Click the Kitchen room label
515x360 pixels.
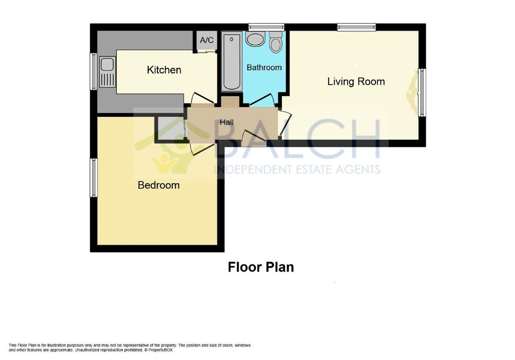tap(164, 70)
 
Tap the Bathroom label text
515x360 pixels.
tap(264, 67)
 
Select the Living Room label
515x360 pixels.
tap(356, 82)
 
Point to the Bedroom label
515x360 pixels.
tap(159, 185)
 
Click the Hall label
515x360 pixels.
tap(227, 122)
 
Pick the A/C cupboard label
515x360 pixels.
tap(207, 40)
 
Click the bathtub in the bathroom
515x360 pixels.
tap(232, 61)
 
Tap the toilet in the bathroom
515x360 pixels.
tap(276, 43)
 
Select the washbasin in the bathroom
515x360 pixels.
tap(255, 39)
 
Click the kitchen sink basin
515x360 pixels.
tap(107, 64)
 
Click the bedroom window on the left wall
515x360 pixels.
tap(93, 177)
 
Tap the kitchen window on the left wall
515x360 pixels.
tap(93, 71)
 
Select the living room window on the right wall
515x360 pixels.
tap(422, 92)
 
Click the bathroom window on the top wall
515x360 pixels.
tap(267, 27)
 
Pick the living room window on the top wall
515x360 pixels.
tap(357, 27)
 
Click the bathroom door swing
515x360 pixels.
tap(262, 100)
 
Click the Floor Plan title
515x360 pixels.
tap(261, 267)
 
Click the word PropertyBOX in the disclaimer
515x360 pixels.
tap(160, 357)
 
